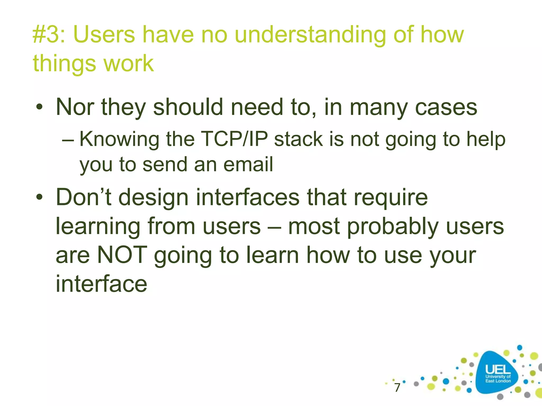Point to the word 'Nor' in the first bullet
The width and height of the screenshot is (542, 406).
click(x=75, y=107)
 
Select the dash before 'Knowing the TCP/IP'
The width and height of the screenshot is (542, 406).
click(x=68, y=140)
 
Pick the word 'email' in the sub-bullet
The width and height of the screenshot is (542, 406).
click(x=248, y=164)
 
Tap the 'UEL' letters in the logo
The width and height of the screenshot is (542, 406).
click(x=498, y=369)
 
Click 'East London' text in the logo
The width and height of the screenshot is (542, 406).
click(x=498, y=381)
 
